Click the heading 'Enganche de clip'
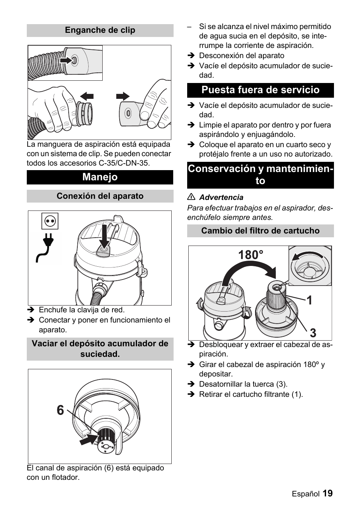100,30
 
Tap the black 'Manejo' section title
100,177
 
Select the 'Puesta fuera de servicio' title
260,90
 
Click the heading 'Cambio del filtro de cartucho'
260,230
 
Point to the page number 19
328,493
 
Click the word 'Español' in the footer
305,494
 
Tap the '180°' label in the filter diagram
251,255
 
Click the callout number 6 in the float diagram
60,410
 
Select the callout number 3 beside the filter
313,333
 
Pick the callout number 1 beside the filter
309,300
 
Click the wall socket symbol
50,221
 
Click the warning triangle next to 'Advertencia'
191,197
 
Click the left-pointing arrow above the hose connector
87,97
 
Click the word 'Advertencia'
221,197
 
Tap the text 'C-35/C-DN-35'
122,163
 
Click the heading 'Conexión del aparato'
100,196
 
